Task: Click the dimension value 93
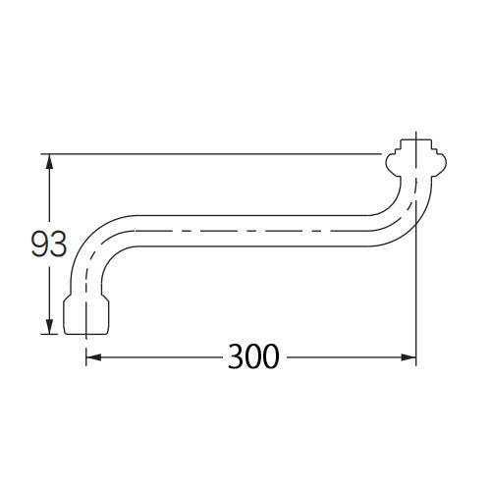point(49,245)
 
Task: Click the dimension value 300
point(253,356)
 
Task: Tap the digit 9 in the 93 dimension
point(39,245)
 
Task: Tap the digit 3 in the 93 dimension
point(58,245)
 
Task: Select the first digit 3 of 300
point(236,356)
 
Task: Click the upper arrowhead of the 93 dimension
point(49,161)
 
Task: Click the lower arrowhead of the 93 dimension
point(49,327)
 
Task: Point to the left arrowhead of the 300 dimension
point(93,357)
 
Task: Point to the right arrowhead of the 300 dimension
point(409,357)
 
